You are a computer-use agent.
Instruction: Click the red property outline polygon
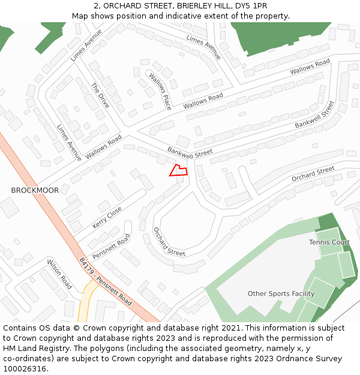178,170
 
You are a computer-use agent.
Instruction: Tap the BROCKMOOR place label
35,190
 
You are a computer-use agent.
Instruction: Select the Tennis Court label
329,242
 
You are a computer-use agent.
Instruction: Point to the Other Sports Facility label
281,293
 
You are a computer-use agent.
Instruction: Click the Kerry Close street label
107,217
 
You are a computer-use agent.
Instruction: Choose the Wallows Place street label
160,92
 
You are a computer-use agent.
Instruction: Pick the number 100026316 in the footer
26,369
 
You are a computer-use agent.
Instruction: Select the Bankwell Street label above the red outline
190,152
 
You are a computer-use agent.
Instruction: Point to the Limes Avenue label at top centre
203,47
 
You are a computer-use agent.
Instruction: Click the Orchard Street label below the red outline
169,242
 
